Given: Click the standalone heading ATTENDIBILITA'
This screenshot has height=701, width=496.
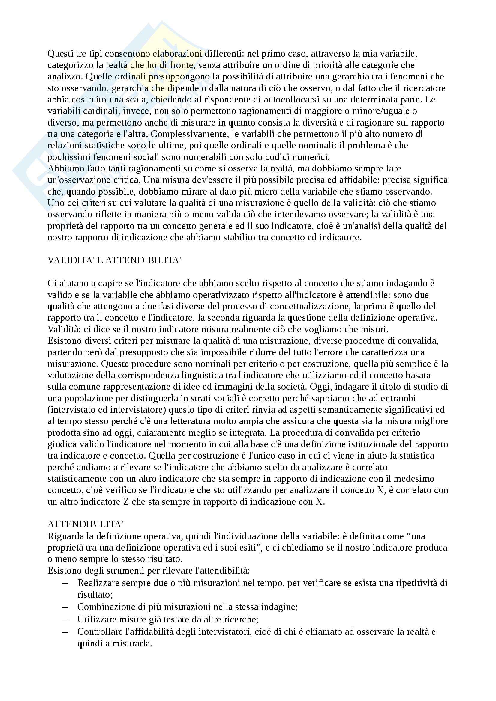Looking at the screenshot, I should pyautogui.click(x=85, y=524).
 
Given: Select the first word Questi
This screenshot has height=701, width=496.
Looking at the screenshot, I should pyautogui.click(x=60, y=54).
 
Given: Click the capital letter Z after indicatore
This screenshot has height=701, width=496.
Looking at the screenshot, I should pyautogui.click(x=126, y=502).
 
